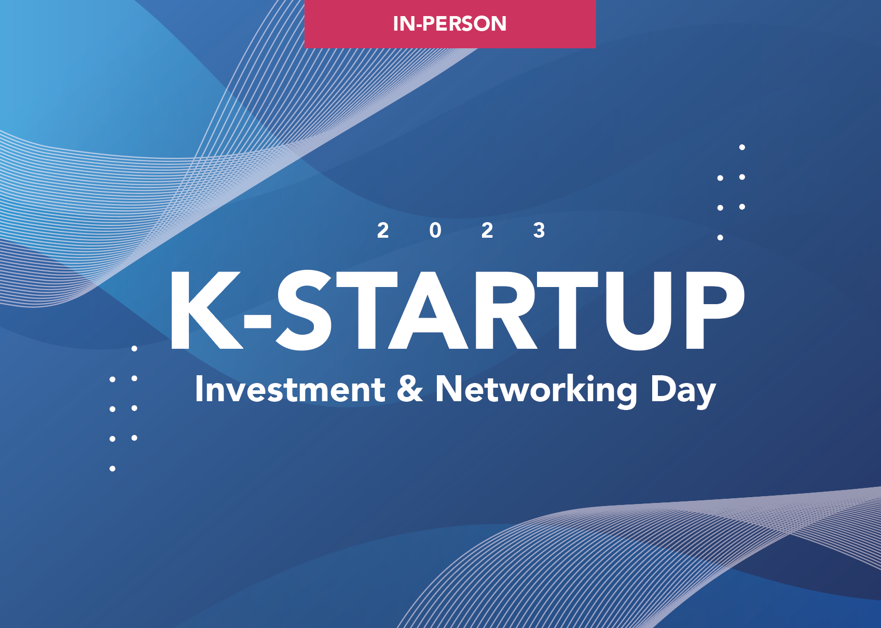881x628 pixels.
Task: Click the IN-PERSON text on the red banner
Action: coord(449,23)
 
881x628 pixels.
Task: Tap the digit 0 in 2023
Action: coord(435,230)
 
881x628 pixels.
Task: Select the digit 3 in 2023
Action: coord(539,230)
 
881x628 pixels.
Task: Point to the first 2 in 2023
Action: coord(383,230)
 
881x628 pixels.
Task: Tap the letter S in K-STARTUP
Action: coord(304,310)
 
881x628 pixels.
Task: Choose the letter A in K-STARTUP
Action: coord(428,310)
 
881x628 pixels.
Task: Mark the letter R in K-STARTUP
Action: coord(506,310)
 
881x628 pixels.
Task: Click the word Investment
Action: coord(290,389)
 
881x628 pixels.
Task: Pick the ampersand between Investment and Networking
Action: coord(409,389)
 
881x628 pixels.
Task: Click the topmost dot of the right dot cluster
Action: coord(742,147)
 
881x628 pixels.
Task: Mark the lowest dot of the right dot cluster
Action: coord(720,237)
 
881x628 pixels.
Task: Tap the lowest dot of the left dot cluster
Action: coord(113,469)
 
